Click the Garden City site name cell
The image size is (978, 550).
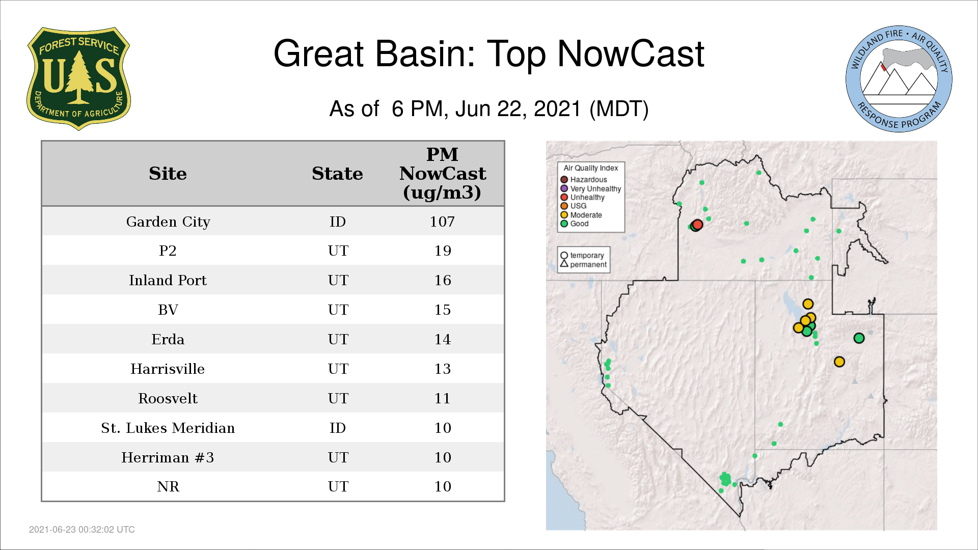168,222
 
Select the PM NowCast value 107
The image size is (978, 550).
442,222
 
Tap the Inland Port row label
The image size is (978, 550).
168,281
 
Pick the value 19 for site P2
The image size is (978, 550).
443,251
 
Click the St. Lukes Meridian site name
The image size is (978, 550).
168,428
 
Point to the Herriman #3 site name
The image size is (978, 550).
168,457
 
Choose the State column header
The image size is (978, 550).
337,174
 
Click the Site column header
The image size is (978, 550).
168,174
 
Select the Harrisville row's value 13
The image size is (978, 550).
443,369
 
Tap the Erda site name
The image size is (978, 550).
168,340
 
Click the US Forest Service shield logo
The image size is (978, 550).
78,79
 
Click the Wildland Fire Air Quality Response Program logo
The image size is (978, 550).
899,79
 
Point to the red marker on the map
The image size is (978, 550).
698,225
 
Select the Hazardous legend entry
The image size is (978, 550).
584,180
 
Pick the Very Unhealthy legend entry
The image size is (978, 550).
591,188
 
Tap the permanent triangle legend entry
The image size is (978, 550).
584,264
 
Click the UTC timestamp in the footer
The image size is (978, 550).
82,530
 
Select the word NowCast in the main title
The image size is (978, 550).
631,53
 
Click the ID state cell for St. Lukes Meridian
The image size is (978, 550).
338,428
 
